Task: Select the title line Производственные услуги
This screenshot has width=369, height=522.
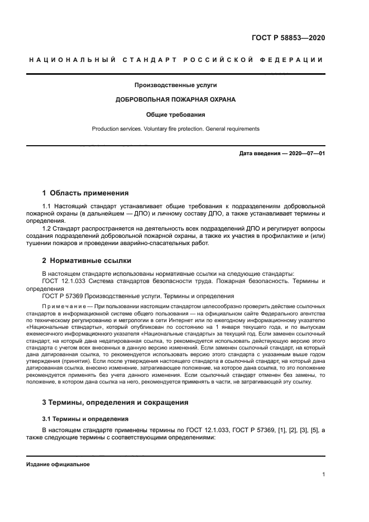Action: point(175,85)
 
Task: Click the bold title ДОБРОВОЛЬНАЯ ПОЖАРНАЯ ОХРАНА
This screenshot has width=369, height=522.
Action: point(175,100)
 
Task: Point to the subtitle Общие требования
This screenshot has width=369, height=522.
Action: point(175,114)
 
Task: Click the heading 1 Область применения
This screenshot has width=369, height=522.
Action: point(85,193)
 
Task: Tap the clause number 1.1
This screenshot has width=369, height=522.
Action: point(47,207)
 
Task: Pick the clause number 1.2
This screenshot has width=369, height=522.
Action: point(47,228)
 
